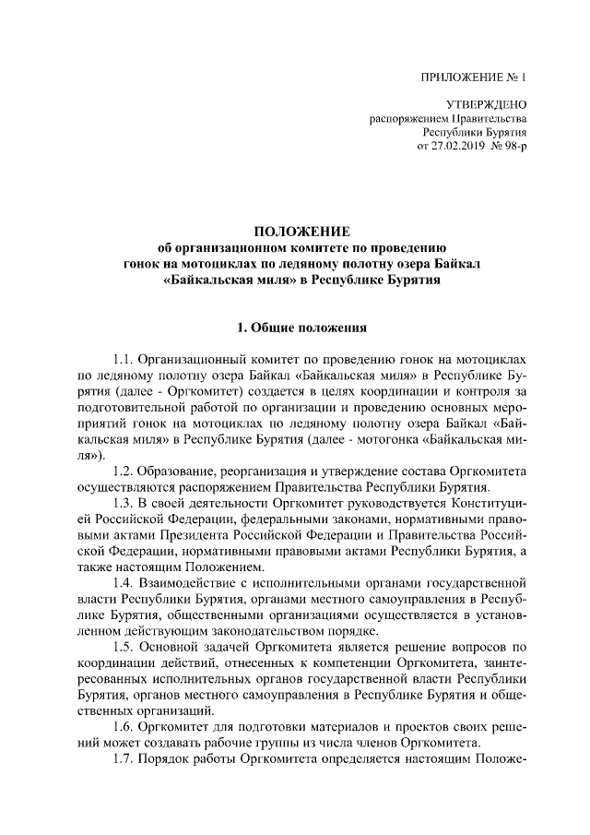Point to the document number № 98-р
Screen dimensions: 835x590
pos(510,147)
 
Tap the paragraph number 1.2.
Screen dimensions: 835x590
pos(124,471)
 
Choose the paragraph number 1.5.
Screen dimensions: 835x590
pos(124,647)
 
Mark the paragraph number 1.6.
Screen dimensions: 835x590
pos(124,726)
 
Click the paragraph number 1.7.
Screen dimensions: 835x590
pos(124,758)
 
